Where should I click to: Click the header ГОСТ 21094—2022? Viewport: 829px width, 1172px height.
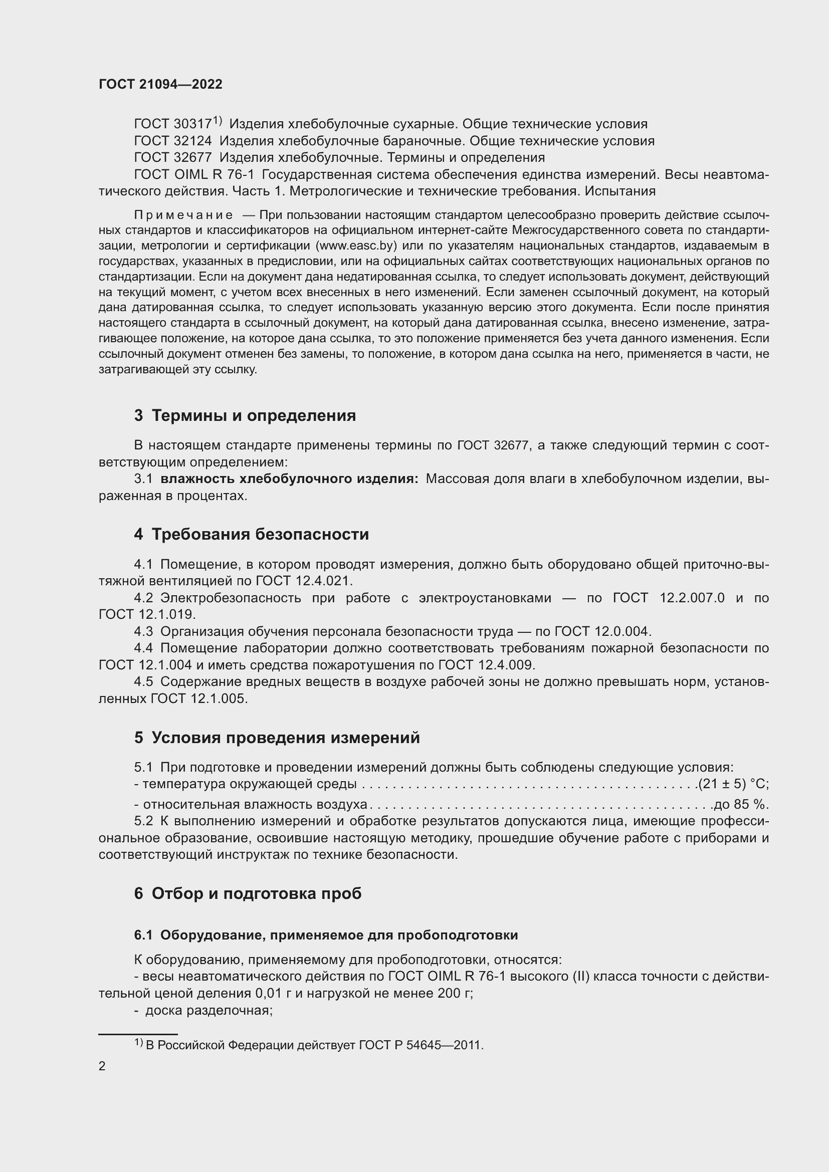coord(160,84)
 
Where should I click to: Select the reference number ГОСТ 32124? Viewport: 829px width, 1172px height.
coord(172,141)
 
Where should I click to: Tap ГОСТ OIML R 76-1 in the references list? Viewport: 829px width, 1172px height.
coord(193,174)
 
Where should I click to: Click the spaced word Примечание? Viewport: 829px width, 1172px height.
coord(183,215)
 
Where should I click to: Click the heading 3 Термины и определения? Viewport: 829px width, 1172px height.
coord(245,415)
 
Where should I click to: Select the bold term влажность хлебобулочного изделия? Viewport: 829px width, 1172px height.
coord(289,479)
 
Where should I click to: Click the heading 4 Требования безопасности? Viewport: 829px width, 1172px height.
coord(251,535)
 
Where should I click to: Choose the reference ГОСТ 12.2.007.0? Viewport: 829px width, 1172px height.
coord(668,598)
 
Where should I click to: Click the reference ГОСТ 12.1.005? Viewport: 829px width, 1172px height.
coord(198,699)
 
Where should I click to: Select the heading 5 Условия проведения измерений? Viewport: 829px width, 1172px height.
coord(277,738)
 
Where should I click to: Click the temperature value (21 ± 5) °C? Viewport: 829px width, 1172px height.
coord(733,784)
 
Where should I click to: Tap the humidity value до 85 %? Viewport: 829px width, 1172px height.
coord(741,805)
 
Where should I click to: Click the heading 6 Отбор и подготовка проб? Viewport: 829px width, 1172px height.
coord(248,893)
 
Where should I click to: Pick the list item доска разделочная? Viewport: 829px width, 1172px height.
coord(209,1010)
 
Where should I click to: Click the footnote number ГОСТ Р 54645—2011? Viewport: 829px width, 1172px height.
coord(421,1045)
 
